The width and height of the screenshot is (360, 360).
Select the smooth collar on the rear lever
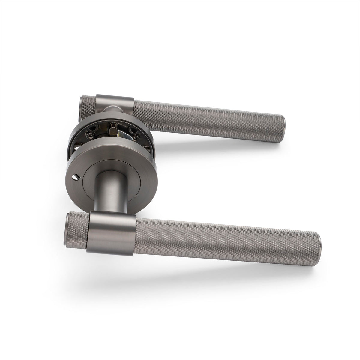[115, 104]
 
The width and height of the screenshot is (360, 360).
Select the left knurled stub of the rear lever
[88, 105]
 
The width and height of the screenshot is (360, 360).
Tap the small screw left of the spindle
[90, 136]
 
